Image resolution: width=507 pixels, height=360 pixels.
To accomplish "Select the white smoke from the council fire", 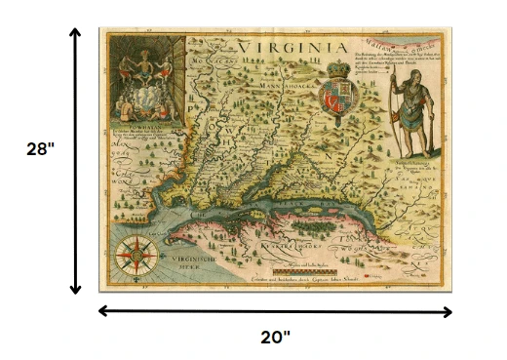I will coord(144,98).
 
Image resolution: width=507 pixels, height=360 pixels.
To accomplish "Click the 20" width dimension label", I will coord(276,338).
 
